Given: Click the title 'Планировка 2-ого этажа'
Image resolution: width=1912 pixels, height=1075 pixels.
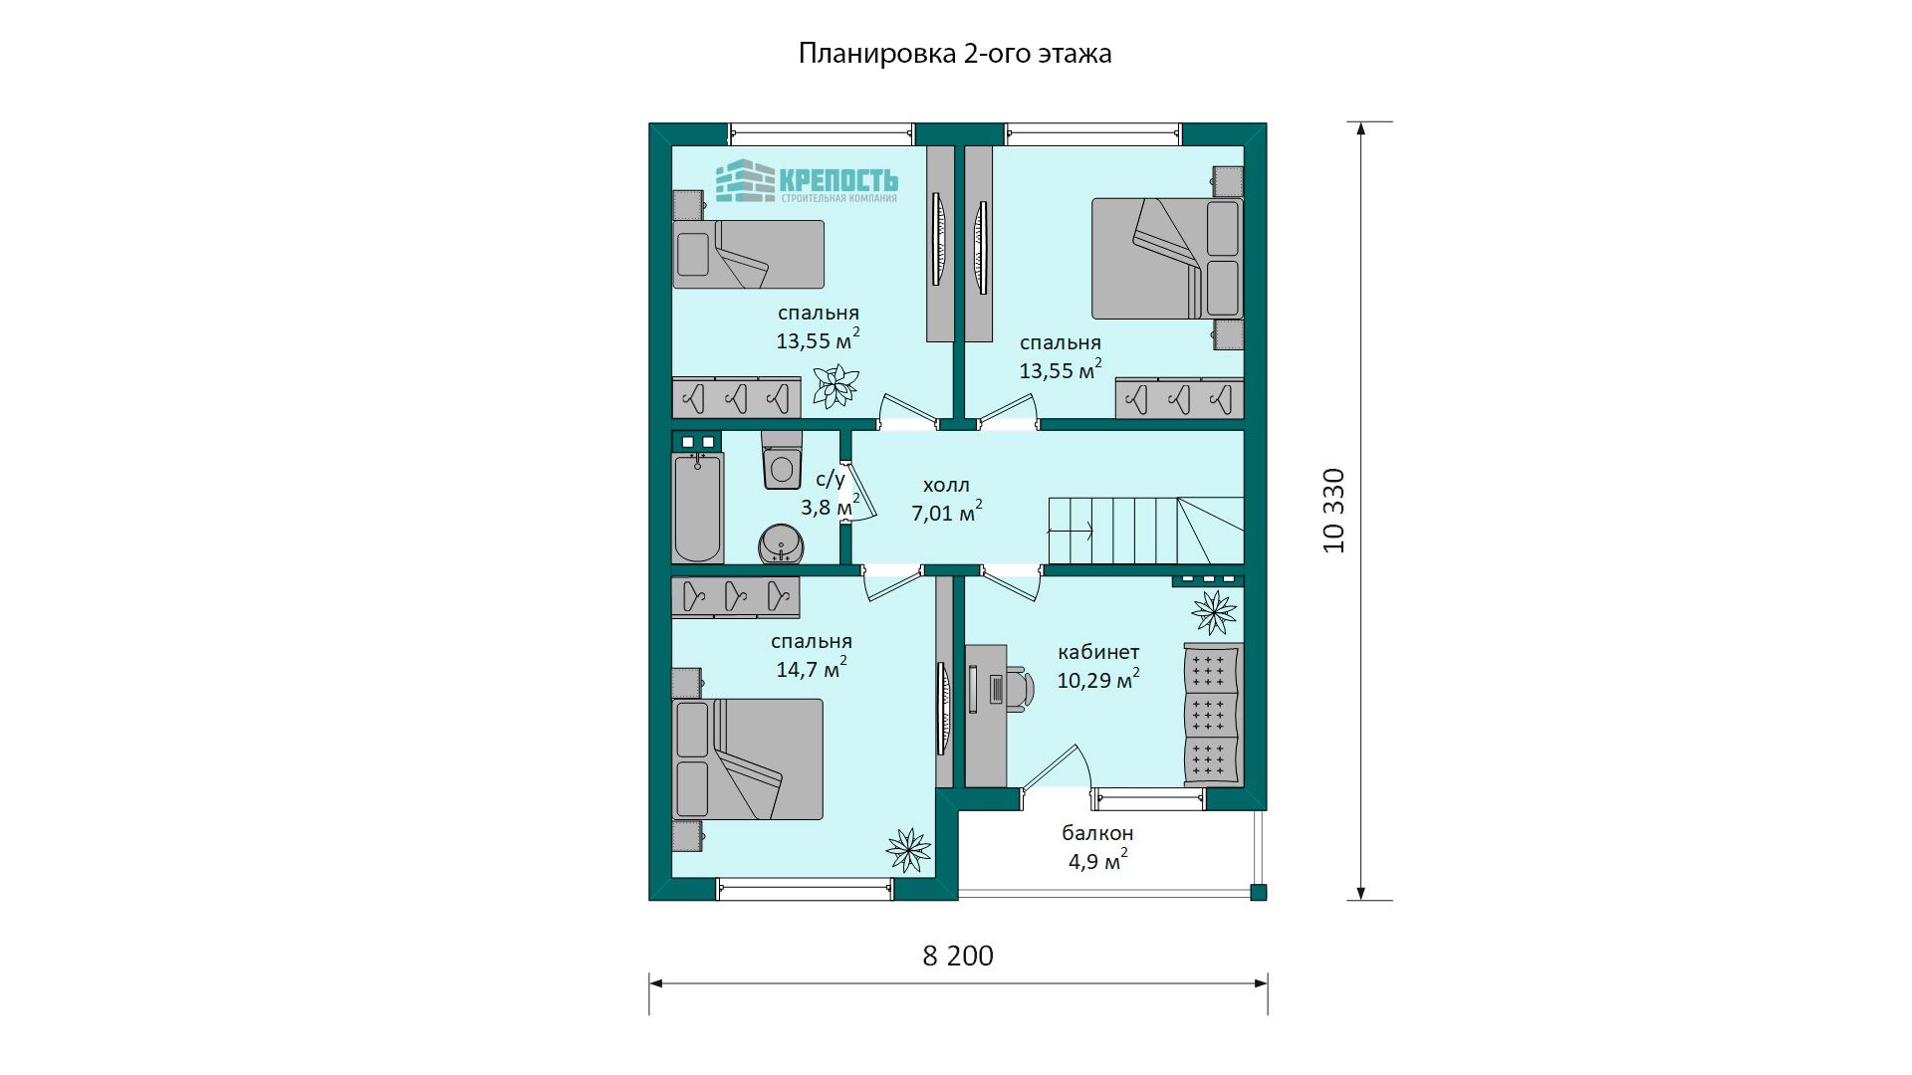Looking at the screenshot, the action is (x=955, y=53).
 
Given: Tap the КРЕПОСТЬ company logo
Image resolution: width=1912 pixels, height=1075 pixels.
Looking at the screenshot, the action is (x=807, y=181).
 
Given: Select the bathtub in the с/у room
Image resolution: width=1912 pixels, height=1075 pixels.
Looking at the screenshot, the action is (x=697, y=508).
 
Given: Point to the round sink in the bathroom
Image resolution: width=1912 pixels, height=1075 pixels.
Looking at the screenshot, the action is (x=783, y=544).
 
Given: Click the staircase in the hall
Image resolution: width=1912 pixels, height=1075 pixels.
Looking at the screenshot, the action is (x=1145, y=530).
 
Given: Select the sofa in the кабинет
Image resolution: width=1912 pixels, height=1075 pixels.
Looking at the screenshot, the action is (x=1213, y=714).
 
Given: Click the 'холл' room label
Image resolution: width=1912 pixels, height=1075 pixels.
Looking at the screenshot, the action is (x=946, y=486).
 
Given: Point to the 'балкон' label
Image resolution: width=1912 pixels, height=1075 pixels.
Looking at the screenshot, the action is (x=1097, y=833).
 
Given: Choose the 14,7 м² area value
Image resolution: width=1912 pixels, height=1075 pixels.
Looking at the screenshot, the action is (x=812, y=667).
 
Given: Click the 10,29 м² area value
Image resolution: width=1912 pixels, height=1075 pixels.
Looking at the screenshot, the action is (x=1098, y=679).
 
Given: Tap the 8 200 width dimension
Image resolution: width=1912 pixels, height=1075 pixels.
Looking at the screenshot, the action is (x=958, y=956).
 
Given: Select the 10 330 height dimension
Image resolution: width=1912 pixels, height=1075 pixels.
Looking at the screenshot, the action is (x=1334, y=511).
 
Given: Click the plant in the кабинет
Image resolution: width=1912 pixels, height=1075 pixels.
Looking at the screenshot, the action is (x=1214, y=612).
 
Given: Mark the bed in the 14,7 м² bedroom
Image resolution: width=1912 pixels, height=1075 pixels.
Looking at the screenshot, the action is (x=748, y=758).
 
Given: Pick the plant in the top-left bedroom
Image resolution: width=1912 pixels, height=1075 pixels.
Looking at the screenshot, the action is (x=836, y=385).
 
